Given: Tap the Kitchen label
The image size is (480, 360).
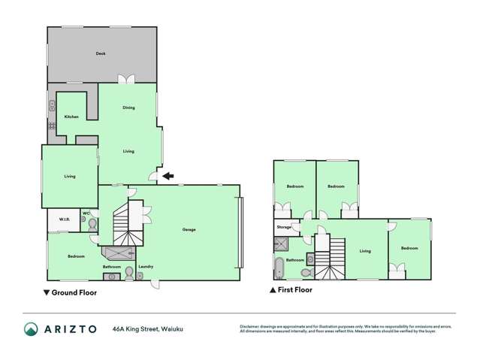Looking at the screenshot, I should [71, 116].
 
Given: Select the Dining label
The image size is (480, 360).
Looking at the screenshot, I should [128, 108].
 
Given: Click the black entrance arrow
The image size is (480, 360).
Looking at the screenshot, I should [169, 176].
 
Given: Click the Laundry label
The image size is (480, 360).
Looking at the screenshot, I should [146, 266].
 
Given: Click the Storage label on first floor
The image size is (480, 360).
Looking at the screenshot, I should [283, 226].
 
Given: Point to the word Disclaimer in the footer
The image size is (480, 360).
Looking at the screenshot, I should [249, 326].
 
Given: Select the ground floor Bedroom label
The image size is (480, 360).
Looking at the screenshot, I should [76, 256].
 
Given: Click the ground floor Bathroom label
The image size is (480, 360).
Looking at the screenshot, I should [112, 266].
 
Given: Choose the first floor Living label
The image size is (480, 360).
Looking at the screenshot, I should [365, 251].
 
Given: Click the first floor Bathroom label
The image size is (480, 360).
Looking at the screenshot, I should [294, 260].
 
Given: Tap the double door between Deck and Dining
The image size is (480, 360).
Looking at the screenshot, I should [128, 79].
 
